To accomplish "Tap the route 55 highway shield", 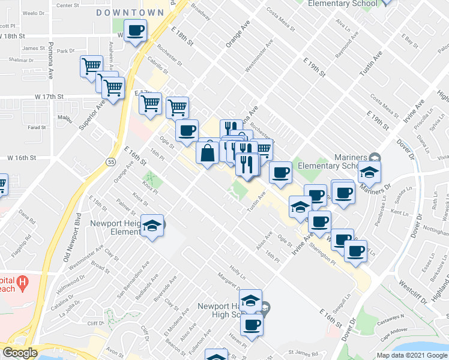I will click(x=110, y=162).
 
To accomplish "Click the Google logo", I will click(x=20, y=353).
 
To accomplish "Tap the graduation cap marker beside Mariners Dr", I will click(x=369, y=172).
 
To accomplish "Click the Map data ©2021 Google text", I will click(x=412, y=355).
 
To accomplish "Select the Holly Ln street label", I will click(x=237, y=274).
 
